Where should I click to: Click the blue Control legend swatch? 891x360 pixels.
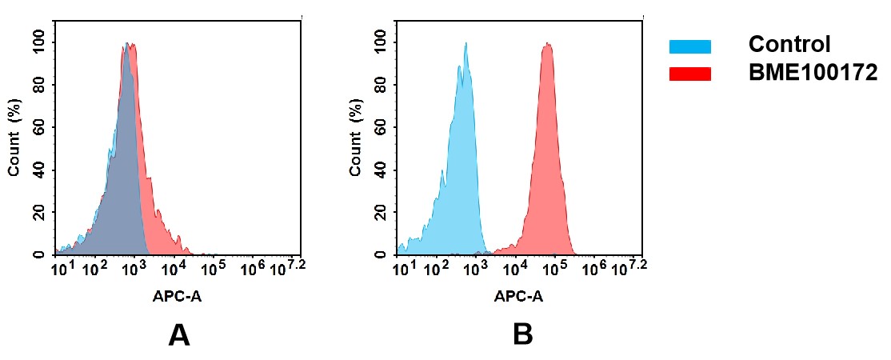(x=689, y=47)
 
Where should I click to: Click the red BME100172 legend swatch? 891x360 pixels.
(x=689, y=74)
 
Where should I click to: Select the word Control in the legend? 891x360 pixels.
(x=789, y=45)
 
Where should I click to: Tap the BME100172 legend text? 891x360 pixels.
(x=813, y=73)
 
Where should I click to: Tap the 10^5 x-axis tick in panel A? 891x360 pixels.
(x=212, y=268)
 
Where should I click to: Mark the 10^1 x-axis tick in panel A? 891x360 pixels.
(x=62, y=268)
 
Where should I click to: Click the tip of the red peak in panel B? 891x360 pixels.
(x=548, y=44)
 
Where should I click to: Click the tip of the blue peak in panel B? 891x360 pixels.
(x=465, y=44)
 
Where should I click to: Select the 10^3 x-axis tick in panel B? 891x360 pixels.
(x=476, y=268)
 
